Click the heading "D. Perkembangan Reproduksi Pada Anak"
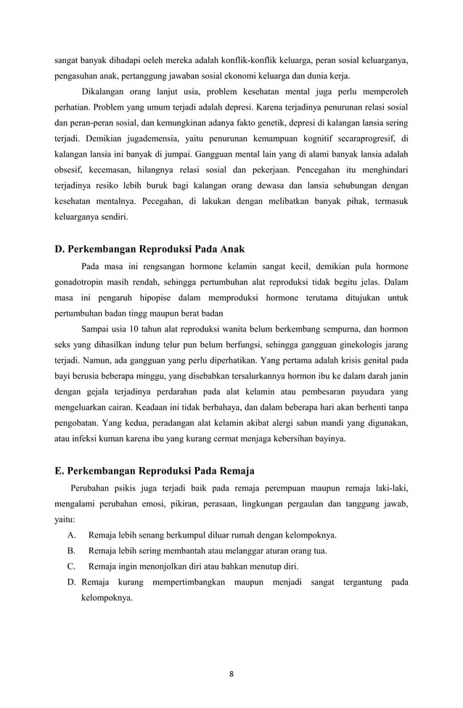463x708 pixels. tap(149, 249)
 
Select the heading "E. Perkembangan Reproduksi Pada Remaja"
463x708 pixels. tap(155, 470)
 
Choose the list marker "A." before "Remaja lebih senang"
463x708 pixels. tap(71, 535)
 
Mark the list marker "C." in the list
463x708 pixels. tap(71, 566)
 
